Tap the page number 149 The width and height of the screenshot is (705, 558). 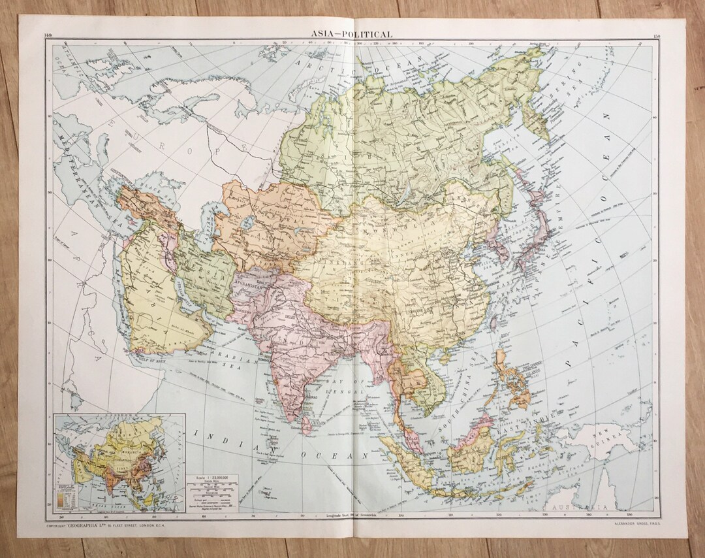pos(49,35)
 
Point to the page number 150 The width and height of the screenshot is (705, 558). pos(655,35)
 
